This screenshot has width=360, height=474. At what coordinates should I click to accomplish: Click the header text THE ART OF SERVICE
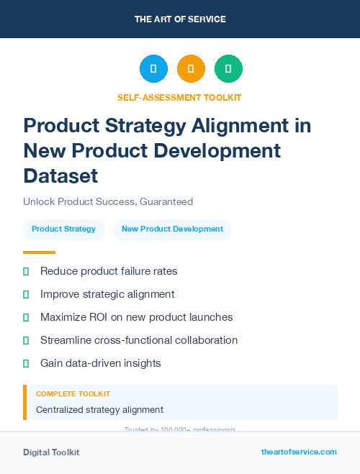pyautogui.click(x=180, y=19)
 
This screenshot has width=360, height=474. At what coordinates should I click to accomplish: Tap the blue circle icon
pyautogui.click(x=153, y=69)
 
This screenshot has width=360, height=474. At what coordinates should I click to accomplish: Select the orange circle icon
pyautogui.click(x=191, y=69)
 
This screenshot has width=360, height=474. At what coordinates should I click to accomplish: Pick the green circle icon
pyautogui.click(x=228, y=69)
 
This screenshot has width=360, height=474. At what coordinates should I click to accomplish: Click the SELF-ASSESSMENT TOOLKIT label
pyautogui.click(x=179, y=97)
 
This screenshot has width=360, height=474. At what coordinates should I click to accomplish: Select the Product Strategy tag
pyautogui.click(x=63, y=229)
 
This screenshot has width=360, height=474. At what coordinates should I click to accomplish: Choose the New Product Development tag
pyautogui.click(x=172, y=229)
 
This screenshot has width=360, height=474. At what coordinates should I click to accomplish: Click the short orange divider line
pyautogui.click(x=39, y=252)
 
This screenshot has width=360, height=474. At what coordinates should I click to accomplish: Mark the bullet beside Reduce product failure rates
pyautogui.click(x=26, y=271)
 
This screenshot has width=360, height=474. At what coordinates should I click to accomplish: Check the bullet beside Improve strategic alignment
pyautogui.click(x=26, y=294)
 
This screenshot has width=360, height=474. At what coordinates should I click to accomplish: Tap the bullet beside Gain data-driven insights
pyautogui.click(x=26, y=363)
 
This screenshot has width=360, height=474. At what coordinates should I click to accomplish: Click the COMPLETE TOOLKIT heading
pyautogui.click(x=73, y=394)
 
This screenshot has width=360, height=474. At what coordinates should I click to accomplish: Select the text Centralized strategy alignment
pyautogui.click(x=99, y=409)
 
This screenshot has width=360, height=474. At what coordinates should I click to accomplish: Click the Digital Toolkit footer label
pyautogui.click(x=51, y=452)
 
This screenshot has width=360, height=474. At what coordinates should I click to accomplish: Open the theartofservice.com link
pyautogui.click(x=299, y=452)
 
